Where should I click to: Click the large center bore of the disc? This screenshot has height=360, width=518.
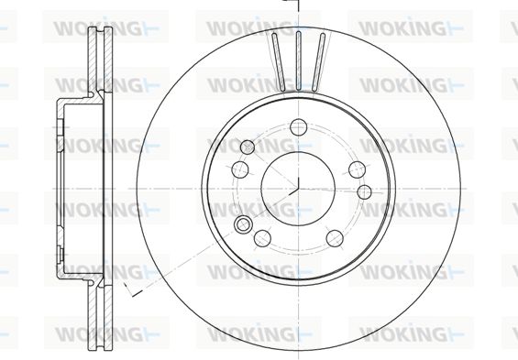[298, 189]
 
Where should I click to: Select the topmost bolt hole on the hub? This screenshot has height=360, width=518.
[299, 127]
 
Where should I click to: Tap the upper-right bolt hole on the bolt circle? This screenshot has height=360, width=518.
[358, 169]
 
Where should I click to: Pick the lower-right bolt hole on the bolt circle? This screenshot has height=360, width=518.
[335, 238]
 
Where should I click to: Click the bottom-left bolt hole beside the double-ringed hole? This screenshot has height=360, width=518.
[262, 238]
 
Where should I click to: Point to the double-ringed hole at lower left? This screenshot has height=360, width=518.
[243, 224]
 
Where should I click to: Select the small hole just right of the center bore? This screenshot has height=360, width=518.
[364, 192]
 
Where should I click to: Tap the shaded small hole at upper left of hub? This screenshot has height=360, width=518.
[248, 147]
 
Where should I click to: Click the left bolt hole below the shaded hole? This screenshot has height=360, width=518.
[240, 169]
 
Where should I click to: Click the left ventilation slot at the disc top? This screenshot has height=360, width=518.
[278, 61]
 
